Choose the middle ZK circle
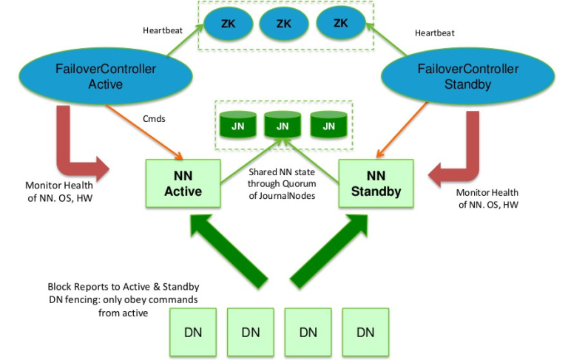[283, 24]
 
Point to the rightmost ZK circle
[341, 24]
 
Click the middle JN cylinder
[283, 123]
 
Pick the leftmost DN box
[194, 331]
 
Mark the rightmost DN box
[365, 331]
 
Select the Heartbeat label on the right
[434, 33]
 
